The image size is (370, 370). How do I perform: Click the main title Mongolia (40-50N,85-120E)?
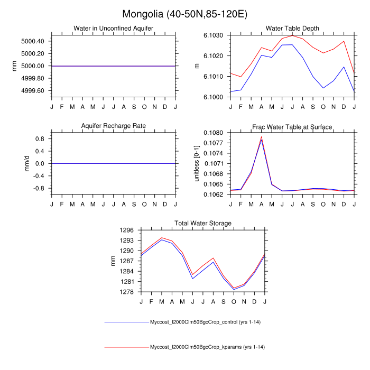(185, 14)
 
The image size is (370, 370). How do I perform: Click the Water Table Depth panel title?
(293, 29)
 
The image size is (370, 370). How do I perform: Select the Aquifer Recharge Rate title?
(114, 126)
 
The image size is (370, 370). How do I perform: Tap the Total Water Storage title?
(203, 224)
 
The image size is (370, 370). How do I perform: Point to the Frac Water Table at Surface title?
(293, 126)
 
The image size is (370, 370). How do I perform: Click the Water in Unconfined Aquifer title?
(114, 29)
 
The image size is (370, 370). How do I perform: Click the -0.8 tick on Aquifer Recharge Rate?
(39, 188)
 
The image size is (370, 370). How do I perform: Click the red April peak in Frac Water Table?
(262, 137)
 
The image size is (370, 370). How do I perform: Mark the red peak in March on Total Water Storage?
(162, 238)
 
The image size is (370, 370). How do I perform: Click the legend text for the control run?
(207, 322)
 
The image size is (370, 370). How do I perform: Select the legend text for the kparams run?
(207, 347)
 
